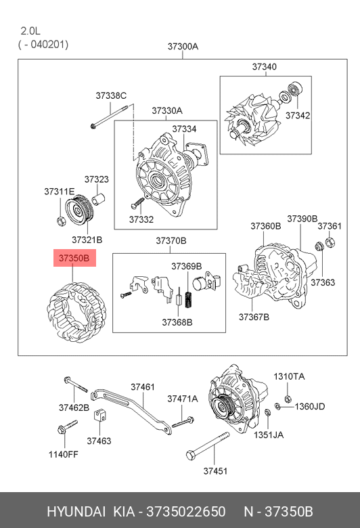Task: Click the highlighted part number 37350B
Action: pyautogui.click(x=74, y=258)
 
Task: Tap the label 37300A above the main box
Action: pyautogui.click(x=183, y=47)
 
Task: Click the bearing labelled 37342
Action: pyautogui.click(x=294, y=89)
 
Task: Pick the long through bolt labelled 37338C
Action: pyautogui.click(x=109, y=116)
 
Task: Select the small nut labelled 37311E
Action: pyautogui.click(x=62, y=221)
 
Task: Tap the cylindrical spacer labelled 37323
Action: pyautogui.click(x=99, y=198)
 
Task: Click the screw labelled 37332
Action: pyautogui.click(x=137, y=202)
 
